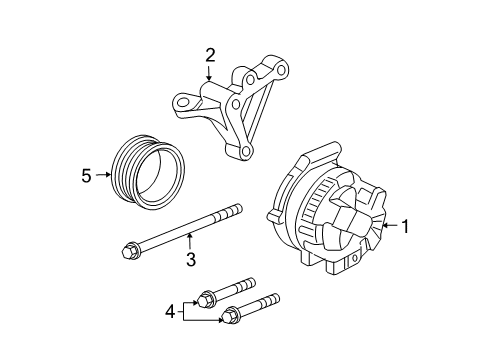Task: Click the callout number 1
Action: (x=406, y=226)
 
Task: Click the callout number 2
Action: (x=210, y=55)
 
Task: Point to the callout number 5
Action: (x=86, y=176)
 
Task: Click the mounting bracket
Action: (x=235, y=110)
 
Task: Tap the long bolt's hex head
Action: (x=130, y=249)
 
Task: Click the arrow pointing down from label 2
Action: (x=210, y=75)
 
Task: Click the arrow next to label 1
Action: (x=388, y=226)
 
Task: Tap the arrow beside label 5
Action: (x=103, y=176)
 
